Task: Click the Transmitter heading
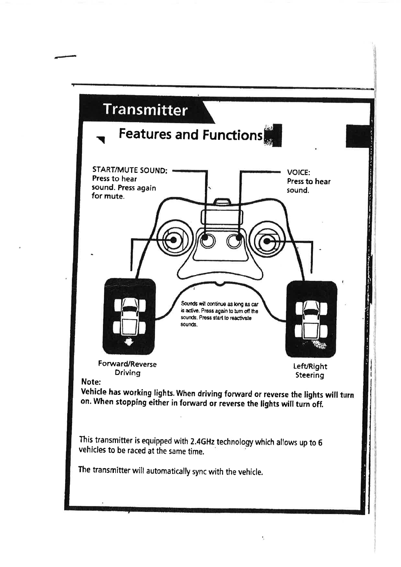point(145,110)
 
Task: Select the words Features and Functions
point(190,134)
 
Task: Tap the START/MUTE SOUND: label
point(130,170)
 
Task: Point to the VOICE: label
point(298,172)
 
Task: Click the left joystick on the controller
point(173,240)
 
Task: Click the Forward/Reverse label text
point(127,364)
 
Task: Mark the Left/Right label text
point(310,366)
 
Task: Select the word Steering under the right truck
point(310,375)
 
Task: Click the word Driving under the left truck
point(127,373)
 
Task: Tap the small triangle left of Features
point(101,139)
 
